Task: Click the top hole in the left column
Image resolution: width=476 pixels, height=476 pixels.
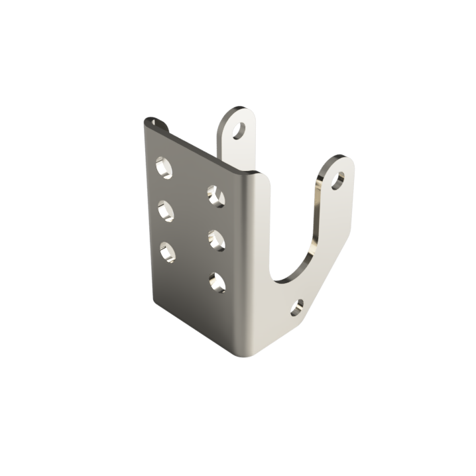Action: (164, 166)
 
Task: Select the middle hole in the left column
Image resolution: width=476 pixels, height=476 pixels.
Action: (166, 211)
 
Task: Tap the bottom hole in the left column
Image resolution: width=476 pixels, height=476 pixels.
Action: (167, 252)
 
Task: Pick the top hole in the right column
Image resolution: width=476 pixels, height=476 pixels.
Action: (215, 194)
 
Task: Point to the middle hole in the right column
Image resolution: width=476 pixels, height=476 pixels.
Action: (216, 239)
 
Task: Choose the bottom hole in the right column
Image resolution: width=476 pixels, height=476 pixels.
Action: (217, 283)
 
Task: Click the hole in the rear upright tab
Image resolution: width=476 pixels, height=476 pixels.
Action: (239, 129)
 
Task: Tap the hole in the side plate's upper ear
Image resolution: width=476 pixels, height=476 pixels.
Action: (338, 180)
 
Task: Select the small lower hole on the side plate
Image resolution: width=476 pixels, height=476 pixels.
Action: (297, 307)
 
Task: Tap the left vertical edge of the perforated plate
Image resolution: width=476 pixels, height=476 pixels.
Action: (150, 212)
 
